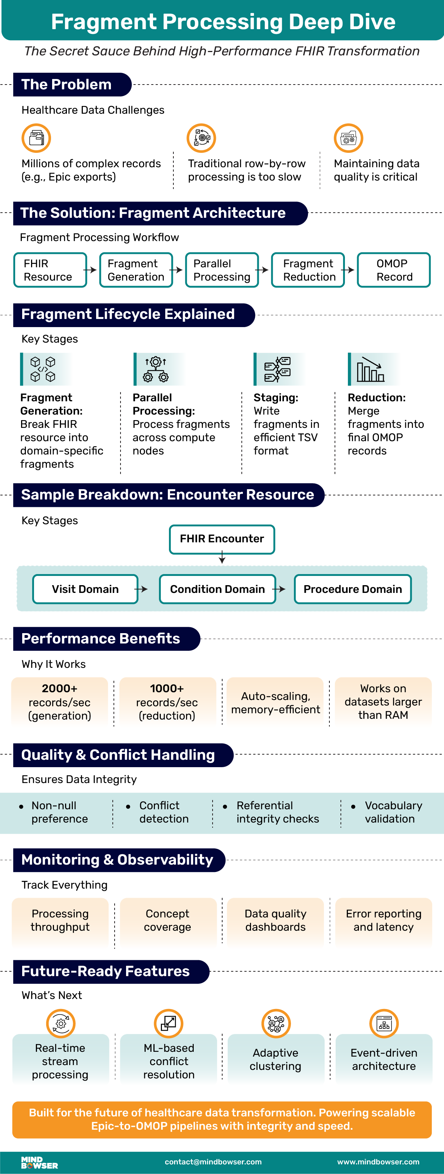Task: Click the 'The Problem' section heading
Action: coord(67,85)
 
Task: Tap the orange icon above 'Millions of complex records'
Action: coord(36,138)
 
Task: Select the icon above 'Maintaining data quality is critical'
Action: coord(348,138)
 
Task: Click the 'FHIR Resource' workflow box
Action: coord(50,270)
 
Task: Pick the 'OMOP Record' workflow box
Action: coord(393,270)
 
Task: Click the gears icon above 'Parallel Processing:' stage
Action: coord(156,369)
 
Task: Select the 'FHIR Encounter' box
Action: coord(222,539)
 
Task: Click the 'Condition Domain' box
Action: coord(217,589)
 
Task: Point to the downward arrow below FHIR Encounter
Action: coord(222,558)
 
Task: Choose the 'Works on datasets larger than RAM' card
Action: coord(383,701)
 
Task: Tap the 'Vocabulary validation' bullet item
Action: coord(393,812)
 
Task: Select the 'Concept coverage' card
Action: coord(167,920)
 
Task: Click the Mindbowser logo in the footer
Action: coord(39,1162)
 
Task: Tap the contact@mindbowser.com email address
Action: coord(213,1162)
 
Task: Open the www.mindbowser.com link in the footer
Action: coord(378,1162)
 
